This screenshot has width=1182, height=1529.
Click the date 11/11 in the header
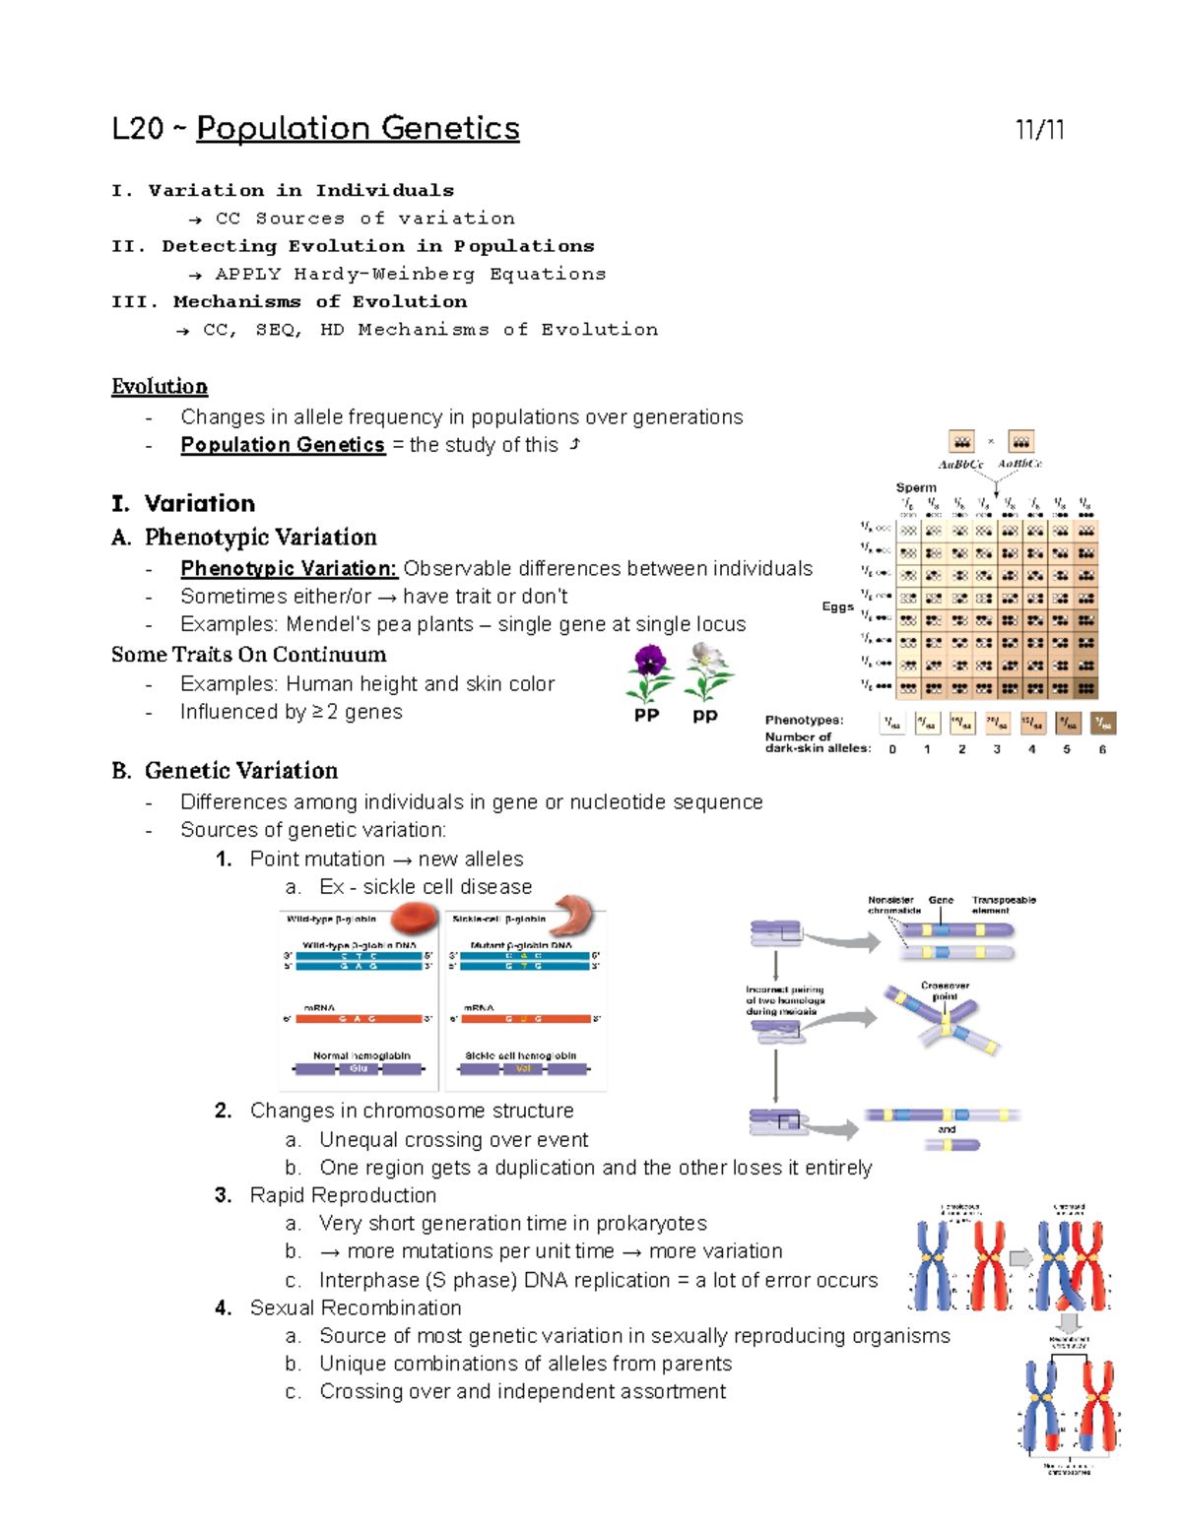click(1039, 130)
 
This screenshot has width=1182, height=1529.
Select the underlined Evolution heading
click(160, 386)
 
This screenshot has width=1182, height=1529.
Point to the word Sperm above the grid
click(916, 487)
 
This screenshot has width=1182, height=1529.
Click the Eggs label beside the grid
click(837, 606)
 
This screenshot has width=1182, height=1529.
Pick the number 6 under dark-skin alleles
click(1102, 749)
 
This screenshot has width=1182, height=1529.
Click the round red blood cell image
click(414, 919)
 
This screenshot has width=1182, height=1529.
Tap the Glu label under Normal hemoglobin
click(359, 1068)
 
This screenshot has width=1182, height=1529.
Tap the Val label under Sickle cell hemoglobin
click(523, 1068)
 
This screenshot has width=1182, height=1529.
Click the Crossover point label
click(945, 990)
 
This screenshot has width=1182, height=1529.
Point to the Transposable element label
click(1003, 905)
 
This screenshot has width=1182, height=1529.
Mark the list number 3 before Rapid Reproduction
click(224, 1195)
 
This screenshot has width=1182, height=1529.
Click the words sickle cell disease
click(447, 887)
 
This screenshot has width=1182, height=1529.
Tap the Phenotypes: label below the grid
click(804, 720)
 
